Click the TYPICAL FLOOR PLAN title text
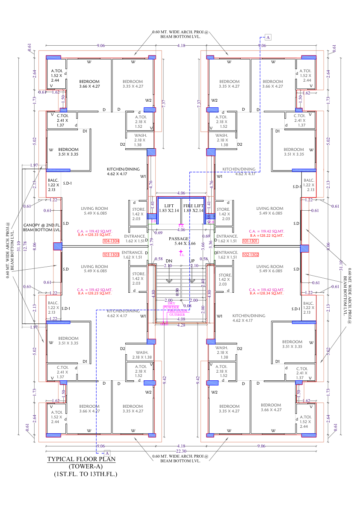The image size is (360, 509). pyautogui.click(x=81, y=459)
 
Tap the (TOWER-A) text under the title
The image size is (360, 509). pyautogui.click(x=85, y=466)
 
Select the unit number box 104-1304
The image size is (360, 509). pyautogui.click(x=111, y=241)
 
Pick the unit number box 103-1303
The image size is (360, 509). pyautogui.click(x=111, y=255)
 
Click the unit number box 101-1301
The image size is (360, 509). pyautogui.click(x=251, y=241)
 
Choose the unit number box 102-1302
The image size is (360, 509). pyautogui.click(x=251, y=255)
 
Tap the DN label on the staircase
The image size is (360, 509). pyautogui.click(x=169, y=261)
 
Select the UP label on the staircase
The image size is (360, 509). pyautogui.click(x=192, y=261)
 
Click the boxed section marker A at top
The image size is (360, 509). pyautogui.click(x=268, y=38)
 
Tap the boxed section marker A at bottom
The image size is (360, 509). pyautogui.click(x=107, y=452)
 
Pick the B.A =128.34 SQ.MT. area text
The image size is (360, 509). pyautogui.click(x=266, y=294)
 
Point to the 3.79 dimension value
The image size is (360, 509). pyautogui.click(x=151, y=240)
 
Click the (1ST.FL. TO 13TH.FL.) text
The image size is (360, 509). pyautogui.click(x=85, y=474)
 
